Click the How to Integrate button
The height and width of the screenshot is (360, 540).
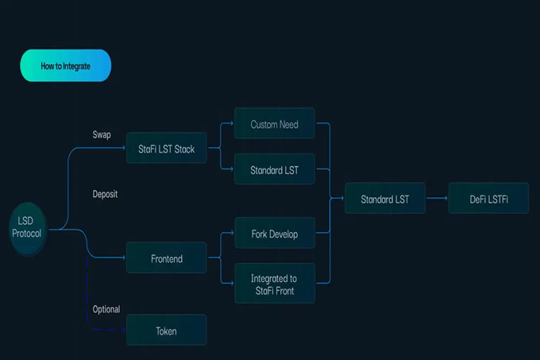coord(65,66)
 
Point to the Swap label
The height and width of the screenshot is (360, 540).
coord(102,134)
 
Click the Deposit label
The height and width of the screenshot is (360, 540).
coord(105,194)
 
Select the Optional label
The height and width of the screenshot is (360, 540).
coord(106,309)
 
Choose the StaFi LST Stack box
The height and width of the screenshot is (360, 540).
coord(166,149)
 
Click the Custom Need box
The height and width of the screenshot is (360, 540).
coord(275,125)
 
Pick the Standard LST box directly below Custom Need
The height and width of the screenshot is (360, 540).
coord(275,169)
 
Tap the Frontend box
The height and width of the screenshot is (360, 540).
coord(166,258)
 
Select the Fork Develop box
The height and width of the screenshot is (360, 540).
coord(275,234)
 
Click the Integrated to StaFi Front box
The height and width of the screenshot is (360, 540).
coord(275,284)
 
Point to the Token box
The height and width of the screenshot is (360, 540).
coord(166,331)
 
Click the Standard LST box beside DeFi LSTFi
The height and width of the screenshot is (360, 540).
coord(384,199)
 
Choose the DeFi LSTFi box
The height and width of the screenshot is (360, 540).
coord(488,199)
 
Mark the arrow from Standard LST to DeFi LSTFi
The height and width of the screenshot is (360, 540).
coord(437,199)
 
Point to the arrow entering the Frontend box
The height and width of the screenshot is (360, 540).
coord(111,257)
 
